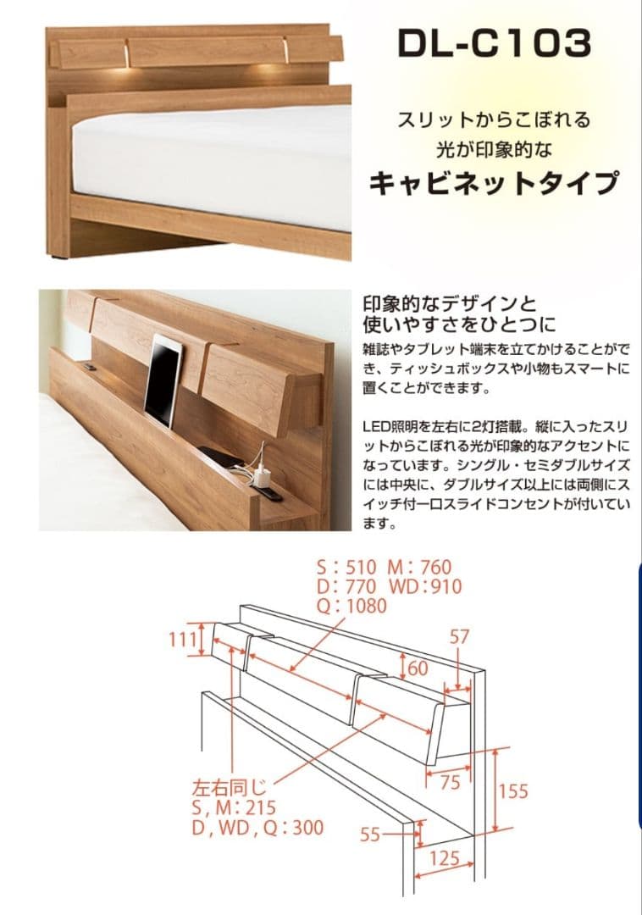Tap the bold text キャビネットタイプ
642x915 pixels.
[495, 182]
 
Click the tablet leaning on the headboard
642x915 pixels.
[163, 380]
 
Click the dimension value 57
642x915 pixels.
[459, 638]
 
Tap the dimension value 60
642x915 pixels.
[418, 668]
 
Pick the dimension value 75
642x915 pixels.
[450, 782]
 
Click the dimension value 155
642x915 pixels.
[512, 790]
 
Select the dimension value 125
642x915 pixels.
[444, 858]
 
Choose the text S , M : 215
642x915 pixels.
[234, 807]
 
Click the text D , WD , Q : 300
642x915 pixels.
[257, 828]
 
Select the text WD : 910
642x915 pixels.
[425, 586]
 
